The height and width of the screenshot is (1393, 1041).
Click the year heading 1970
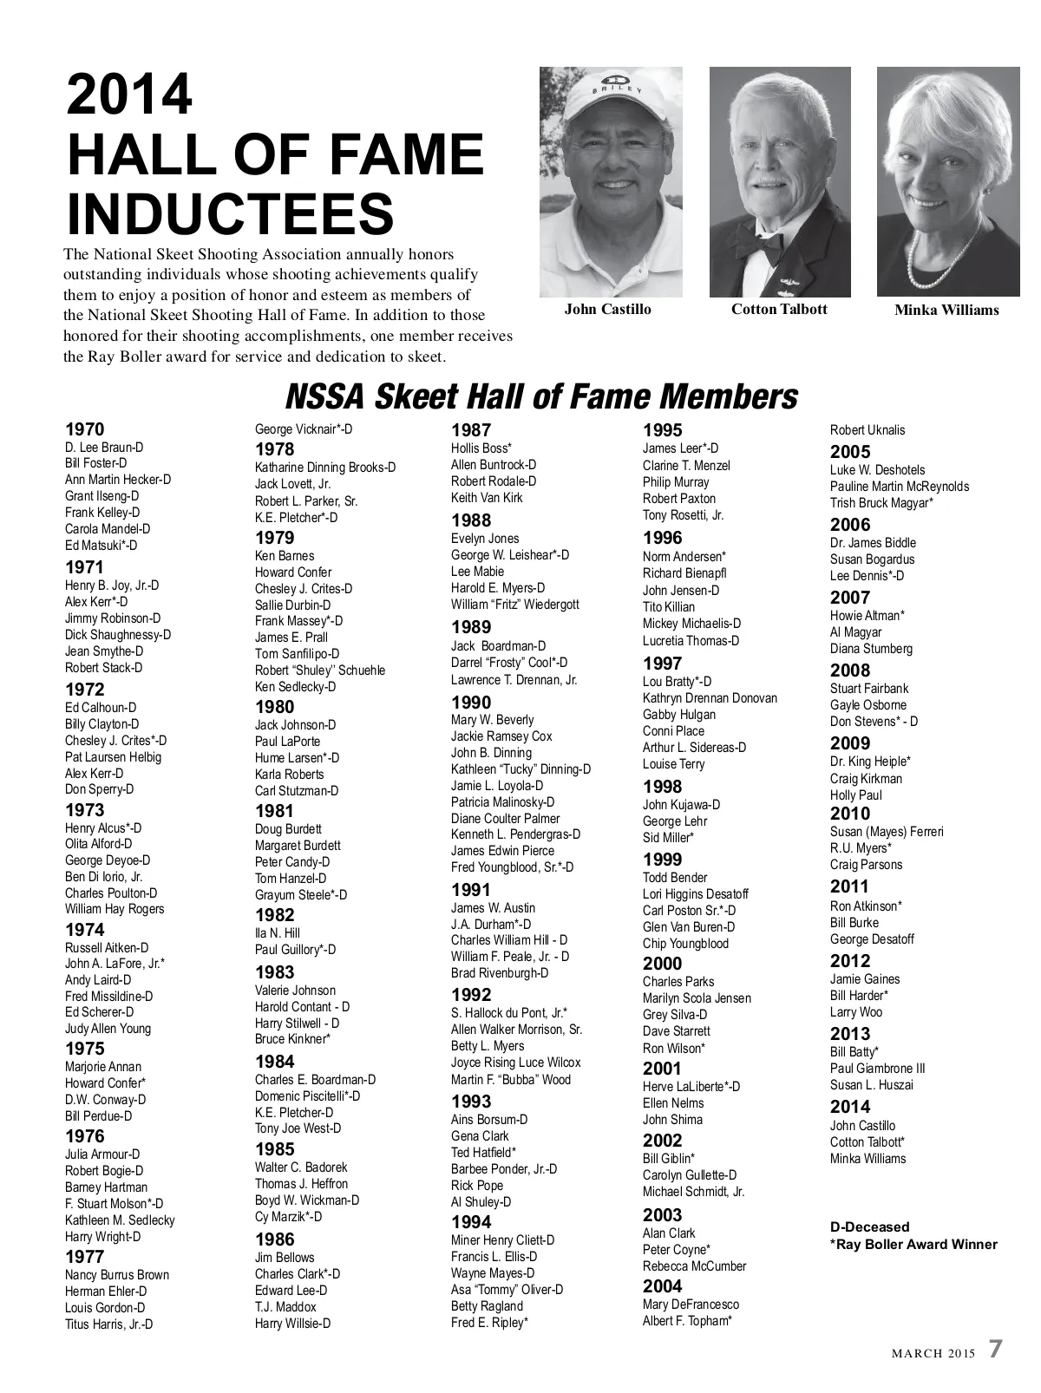coord(84,429)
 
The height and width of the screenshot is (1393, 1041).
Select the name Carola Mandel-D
coord(108,528)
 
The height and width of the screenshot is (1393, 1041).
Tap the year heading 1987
coord(471,430)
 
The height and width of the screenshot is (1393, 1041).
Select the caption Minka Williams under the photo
coord(946,311)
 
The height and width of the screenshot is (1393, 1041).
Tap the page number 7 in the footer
coord(995,1350)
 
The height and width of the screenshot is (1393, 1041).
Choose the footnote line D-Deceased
coord(869,1226)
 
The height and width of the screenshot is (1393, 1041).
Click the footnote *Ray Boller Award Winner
coord(913,1245)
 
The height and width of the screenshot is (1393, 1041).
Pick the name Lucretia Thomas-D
coord(691,641)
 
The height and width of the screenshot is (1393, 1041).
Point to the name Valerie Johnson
coord(295,991)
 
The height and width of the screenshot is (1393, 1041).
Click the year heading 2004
coord(662,1286)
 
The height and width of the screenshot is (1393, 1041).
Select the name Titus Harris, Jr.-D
coord(108,1324)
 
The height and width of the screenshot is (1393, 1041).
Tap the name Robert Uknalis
coord(867,430)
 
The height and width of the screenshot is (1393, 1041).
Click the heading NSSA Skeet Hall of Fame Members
coord(540,396)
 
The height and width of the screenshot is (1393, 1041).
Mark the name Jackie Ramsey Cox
coord(501,736)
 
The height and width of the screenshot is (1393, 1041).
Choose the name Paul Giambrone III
coord(877,1069)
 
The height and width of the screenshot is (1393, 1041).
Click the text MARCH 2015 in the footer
coord(934,1353)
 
